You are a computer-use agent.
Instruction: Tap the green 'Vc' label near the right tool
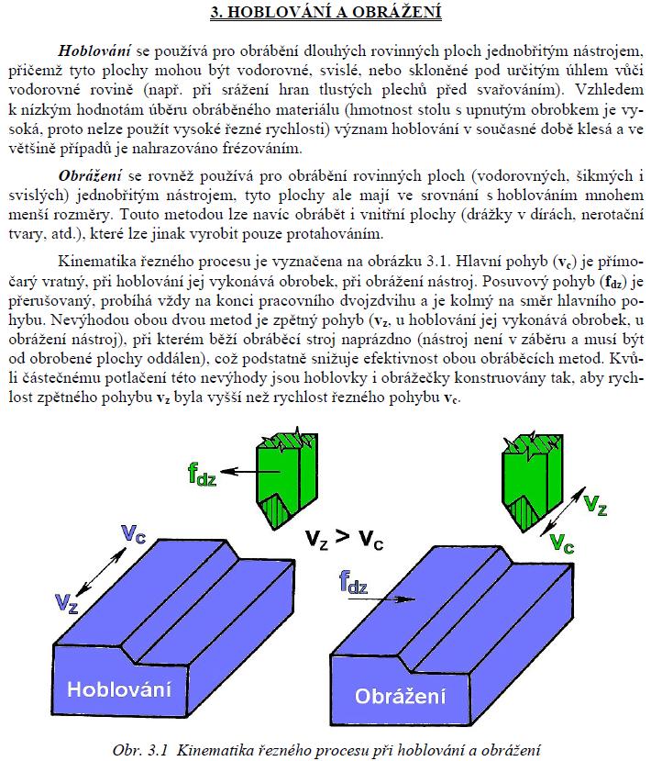(x=561, y=543)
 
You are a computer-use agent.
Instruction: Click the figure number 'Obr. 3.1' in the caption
(x=143, y=748)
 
